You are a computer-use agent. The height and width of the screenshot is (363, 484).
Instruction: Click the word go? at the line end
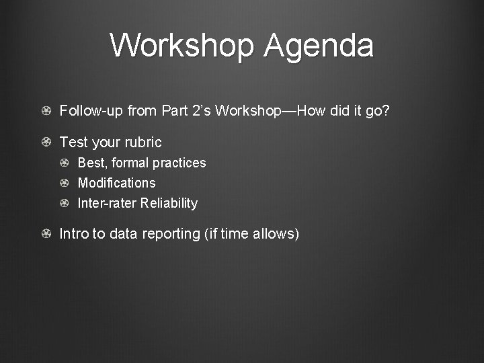pos(376,111)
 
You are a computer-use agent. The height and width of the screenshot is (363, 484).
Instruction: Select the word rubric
pos(142,143)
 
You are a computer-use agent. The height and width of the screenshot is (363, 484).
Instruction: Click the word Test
pos(73,143)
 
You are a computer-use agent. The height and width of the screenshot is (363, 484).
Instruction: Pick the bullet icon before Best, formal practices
pos(64,163)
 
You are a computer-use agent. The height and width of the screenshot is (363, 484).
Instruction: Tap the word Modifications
pos(116,183)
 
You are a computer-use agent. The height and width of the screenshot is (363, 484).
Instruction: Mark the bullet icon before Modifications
pos(64,184)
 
